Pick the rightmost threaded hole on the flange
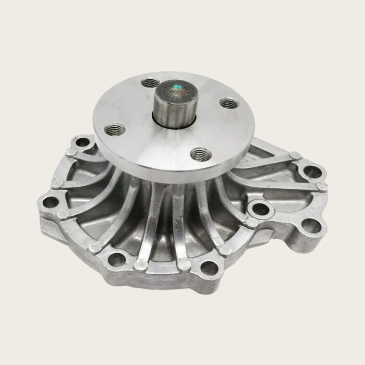pos(226,103)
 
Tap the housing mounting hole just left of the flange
pos(80,142)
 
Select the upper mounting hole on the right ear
pos(311,171)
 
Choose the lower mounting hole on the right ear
pos(312,225)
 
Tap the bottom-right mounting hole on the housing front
pos(210,269)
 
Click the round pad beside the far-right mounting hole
pos(322,186)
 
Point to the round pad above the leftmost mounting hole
pos(57,183)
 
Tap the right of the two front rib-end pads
pos(182,265)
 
